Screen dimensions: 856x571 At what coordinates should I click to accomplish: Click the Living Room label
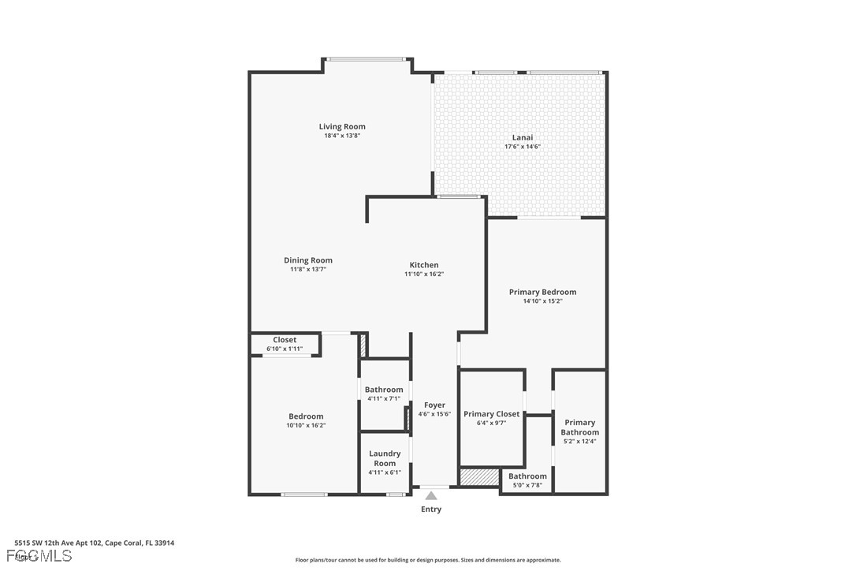[342, 127]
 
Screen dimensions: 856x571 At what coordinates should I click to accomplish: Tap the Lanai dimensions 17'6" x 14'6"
[523, 147]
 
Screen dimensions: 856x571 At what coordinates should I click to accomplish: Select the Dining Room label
[308, 260]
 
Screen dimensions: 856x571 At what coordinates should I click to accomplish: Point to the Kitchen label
[424, 265]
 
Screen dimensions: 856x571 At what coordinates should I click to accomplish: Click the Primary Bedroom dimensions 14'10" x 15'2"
[542, 300]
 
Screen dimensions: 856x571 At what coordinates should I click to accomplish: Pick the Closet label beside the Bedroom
[285, 340]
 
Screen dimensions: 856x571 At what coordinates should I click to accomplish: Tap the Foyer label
[434, 405]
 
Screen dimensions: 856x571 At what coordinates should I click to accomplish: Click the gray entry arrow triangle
[431, 495]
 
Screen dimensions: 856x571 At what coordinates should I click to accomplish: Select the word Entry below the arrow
[431, 509]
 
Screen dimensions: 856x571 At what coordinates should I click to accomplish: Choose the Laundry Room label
[385, 458]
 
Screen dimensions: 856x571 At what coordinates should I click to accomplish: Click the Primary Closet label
[491, 414]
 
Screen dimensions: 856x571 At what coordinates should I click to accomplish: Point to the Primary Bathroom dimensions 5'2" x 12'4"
[580, 441]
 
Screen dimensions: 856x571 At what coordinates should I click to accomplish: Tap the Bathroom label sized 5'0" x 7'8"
[527, 476]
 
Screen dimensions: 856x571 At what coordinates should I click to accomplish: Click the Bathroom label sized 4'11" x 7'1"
[384, 390]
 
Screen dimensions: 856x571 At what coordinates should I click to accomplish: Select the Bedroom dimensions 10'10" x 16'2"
[307, 425]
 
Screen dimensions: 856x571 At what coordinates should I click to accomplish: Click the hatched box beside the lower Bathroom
[479, 476]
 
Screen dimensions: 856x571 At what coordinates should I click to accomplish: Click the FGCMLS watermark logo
[39, 556]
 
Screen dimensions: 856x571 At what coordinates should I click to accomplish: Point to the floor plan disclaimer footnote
[428, 560]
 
